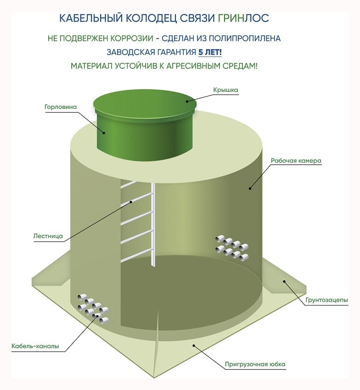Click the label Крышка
pos(225,90)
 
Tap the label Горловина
pos(60,107)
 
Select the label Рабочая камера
pos(296,161)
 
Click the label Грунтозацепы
pos(326,300)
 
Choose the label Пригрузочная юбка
pos(255,365)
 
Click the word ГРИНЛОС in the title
pos(243,18)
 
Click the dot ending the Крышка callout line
pos(187,102)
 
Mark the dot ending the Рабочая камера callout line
pos(251,187)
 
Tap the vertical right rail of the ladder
pos(154,225)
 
